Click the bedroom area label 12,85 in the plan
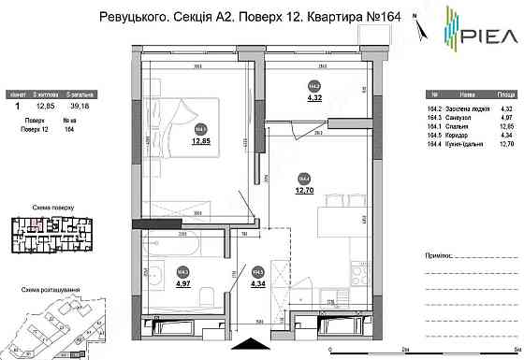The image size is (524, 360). (x=201, y=142)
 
